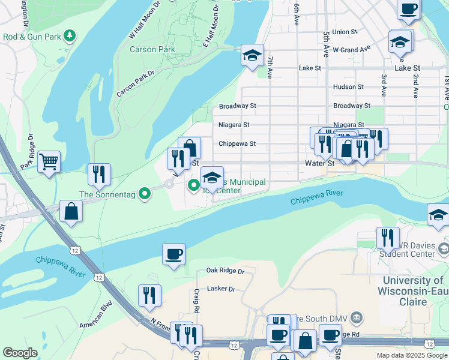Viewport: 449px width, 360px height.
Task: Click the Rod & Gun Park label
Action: [32, 37]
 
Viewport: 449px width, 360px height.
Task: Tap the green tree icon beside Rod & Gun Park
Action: [71, 36]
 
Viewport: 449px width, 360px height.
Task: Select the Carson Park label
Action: [152, 49]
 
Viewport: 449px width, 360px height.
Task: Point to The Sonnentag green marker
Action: [144, 194]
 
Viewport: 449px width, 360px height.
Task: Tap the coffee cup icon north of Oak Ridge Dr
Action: [173, 254]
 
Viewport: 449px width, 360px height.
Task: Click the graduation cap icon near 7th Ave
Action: [253, 55]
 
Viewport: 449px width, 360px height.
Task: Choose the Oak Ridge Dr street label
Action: [226, 271]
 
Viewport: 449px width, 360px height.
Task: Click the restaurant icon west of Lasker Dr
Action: [149, 295]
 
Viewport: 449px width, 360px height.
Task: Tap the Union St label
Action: [345, 32]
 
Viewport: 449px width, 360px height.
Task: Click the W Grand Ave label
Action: [352, 49]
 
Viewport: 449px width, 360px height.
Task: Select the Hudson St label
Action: [348, 86]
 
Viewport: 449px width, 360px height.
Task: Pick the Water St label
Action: [319, 163]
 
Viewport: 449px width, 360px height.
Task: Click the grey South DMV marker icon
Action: [356, 316]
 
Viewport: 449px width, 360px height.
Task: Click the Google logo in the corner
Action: [20, 353]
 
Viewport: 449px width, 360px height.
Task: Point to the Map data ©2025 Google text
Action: [411, 355]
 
